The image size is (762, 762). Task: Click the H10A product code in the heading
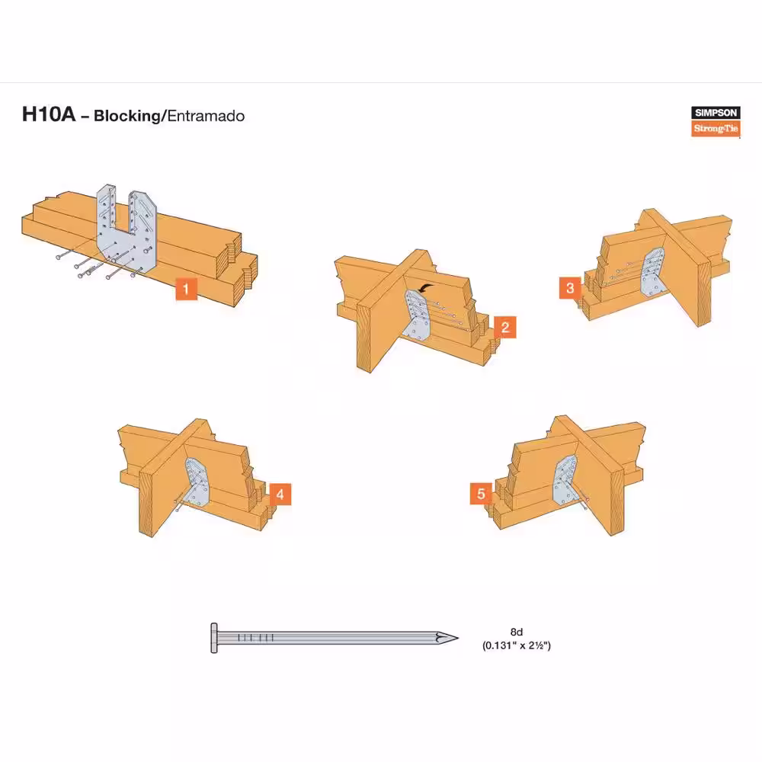point(49,115)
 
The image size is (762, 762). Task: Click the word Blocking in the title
point(126,116)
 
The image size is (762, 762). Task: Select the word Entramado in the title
point(206,116)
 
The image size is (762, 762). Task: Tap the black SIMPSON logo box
point(716,113)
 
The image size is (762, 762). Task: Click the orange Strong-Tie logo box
point(716,128)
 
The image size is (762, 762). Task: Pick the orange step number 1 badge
point(186,289)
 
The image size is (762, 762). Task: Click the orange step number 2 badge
point(505,327)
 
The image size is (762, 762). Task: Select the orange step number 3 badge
point(570,288)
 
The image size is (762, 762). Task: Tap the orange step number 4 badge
point(280,495)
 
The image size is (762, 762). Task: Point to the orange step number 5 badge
point(481,494)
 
